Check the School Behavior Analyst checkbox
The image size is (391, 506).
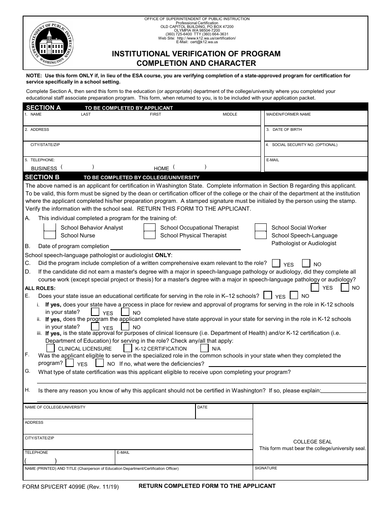[x=50, y=227]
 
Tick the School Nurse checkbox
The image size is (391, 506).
[x=50, y=235]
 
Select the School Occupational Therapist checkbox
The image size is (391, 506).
[x=149, y=227]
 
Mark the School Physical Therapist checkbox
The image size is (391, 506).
[x=149, y=235]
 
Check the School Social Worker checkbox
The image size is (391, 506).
[x=261, y=227]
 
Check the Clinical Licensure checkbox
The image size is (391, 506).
[x=51, y=348]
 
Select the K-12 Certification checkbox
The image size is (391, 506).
[x=128, y=348]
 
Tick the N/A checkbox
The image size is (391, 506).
[x=205, y=348]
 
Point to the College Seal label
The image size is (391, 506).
[x=312, y=442]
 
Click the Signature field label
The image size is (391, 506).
[x=266, y=468]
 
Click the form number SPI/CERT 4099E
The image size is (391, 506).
[x=71, y=487]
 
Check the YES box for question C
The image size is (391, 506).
[x=277, y=263]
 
